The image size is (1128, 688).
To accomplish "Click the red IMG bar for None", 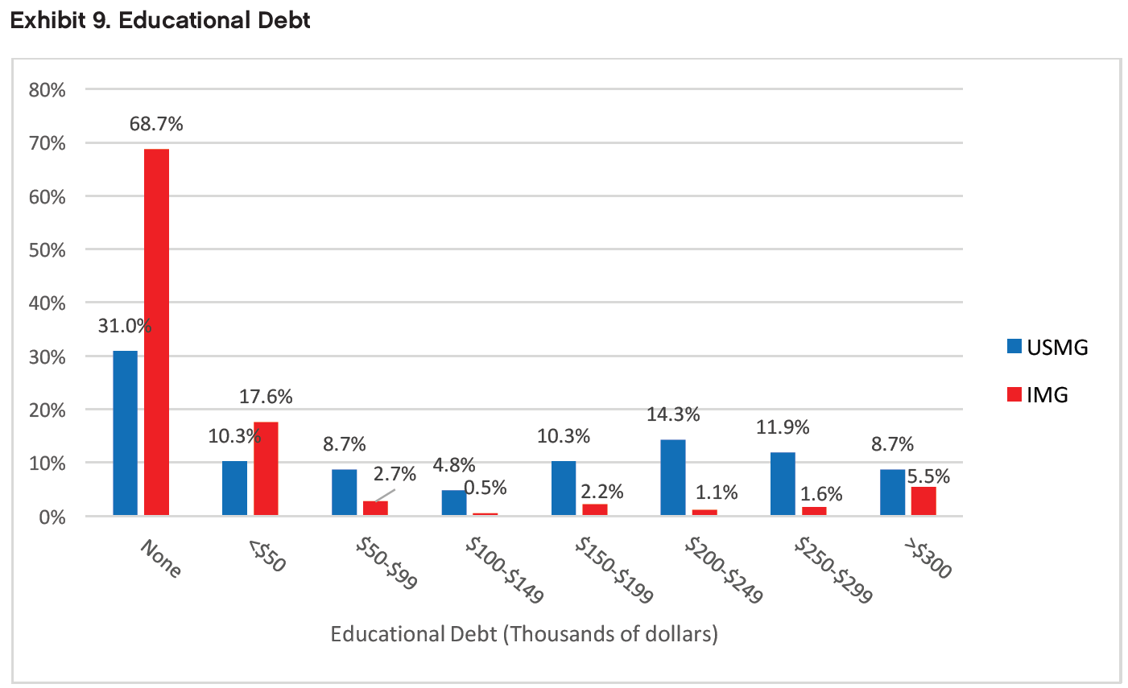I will pyautogui.click(x=156, y=332).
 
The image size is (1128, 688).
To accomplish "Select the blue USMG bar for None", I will pyautogui.click(x=125, y=433).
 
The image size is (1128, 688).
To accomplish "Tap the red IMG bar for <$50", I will pyautogui.click(x=266, y=468).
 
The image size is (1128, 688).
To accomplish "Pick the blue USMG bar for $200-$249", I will pyautogui.click(x=672, y=477).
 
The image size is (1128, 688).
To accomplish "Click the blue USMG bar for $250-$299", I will pyautogui.click(x=783, y=484).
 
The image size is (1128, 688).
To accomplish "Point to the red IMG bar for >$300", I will pyautogui.click(x=923, y=501).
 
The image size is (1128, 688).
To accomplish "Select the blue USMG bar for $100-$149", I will pyautogui.click(x=453, y=502).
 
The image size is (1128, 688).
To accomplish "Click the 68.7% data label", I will pyautogui.click(x=156, y=124).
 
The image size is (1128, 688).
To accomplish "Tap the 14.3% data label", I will pyautogui.click(x=673, y=414).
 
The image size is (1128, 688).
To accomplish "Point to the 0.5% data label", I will pyautogui.click(x=485, y=487).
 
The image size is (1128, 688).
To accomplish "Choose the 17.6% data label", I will pyautogui.click(x=266, y=397).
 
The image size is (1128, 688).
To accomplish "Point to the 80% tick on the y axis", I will pyautogui.click(x=47, y=89).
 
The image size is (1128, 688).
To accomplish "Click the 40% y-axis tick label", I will pyautogui.click(x=47, y=303).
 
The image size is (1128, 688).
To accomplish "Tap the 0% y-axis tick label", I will pyautogui.click(x=52, y=517).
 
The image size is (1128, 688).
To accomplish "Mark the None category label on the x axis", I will pyautogui.click(x=161, y=558).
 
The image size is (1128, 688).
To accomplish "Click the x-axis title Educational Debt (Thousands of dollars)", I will pyautogui.click(x=524, y=634).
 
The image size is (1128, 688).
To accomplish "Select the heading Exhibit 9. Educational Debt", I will pyautogui.click(x=159, y=20).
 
